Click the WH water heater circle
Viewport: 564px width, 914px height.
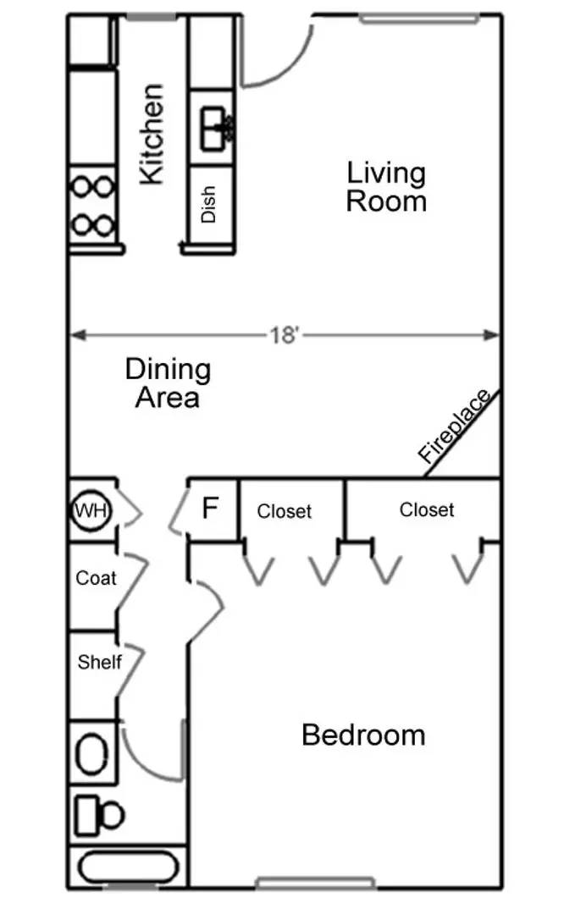(91, 510)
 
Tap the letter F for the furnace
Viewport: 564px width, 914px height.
(210, 508)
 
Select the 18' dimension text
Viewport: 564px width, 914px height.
(284, 335)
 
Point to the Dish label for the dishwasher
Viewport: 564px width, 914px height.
(208, 204)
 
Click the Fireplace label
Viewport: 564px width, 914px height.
(455, 426)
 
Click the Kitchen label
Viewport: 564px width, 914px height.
(152, 134)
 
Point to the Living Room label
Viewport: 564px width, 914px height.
(386, 187)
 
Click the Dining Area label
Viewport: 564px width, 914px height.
(168, 383)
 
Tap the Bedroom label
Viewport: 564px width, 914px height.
(363, 735)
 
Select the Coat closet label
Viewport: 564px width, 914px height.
(96, 578)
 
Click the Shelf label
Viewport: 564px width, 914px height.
(100, 662)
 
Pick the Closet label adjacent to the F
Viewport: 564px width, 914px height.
(284, 511)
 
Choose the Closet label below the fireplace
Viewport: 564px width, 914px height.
(426, 509)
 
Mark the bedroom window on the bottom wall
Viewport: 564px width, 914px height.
(315, 882)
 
